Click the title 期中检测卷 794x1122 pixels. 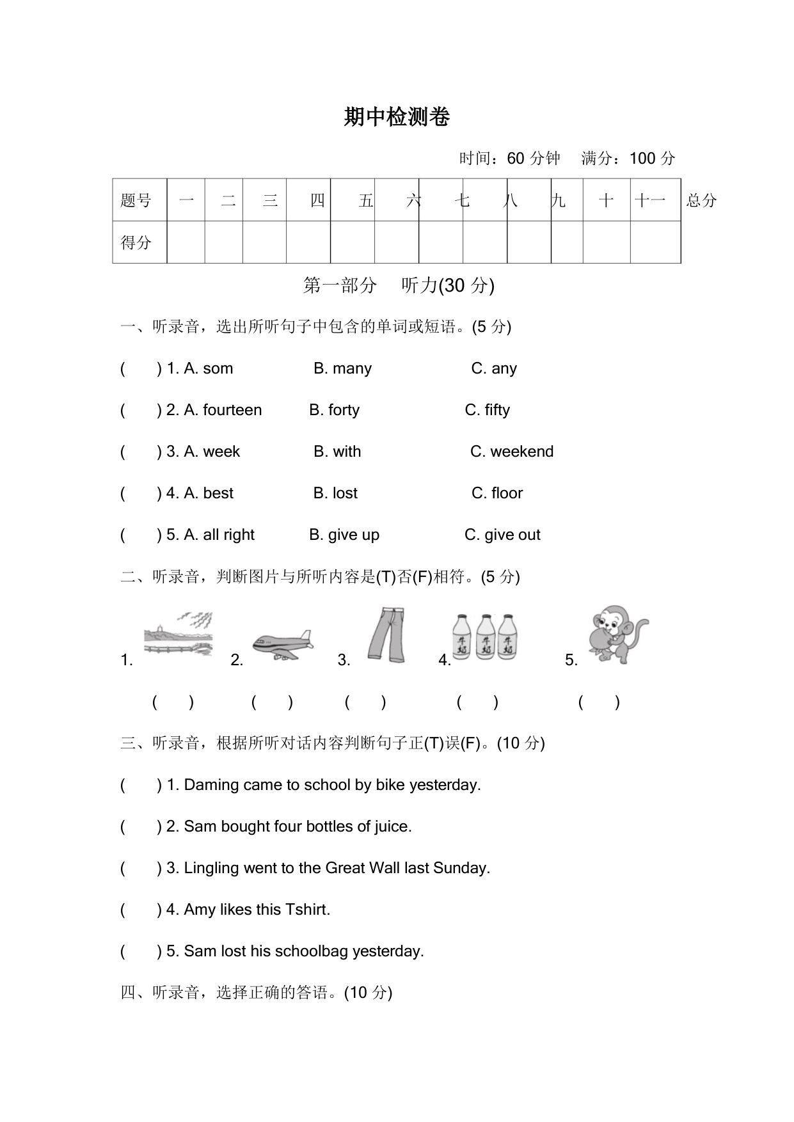397,117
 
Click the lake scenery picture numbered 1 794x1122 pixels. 179,635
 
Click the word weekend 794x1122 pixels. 521,452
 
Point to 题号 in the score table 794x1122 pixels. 136,201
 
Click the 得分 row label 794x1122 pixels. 136,242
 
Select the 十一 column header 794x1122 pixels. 651,201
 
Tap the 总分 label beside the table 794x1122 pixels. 701,201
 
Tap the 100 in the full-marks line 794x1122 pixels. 642,159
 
